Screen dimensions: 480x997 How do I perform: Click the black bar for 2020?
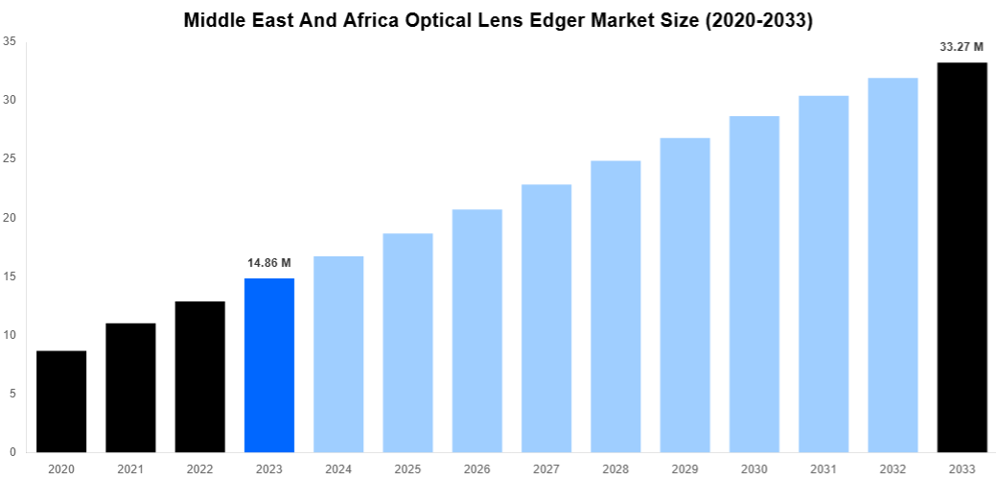tap(61, 401)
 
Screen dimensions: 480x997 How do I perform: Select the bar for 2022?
tap(199, 376)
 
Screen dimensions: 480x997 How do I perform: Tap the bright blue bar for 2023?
tap(269, 365)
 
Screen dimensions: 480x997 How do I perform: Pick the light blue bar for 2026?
tap(477, 330)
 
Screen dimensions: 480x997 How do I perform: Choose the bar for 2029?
tap(684, 295)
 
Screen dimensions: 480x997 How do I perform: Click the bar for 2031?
tap(823, 274)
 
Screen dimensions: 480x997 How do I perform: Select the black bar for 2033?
tap(962, 257)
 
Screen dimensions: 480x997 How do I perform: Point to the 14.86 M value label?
tap(269, 262)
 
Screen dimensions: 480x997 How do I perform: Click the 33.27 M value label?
tap(962, 46)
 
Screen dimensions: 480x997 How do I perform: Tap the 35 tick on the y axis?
tap(9, 41)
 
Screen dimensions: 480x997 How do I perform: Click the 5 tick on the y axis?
tap(12, 394)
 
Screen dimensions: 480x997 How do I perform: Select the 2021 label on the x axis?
tap(130, 468)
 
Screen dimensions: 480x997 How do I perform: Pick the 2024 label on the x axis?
tap(338, 468)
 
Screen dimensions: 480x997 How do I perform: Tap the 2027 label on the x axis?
tap(546, 468)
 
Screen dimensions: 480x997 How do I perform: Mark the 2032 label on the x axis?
tap(893, 468)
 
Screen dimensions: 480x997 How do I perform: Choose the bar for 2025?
tap(407, 343)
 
